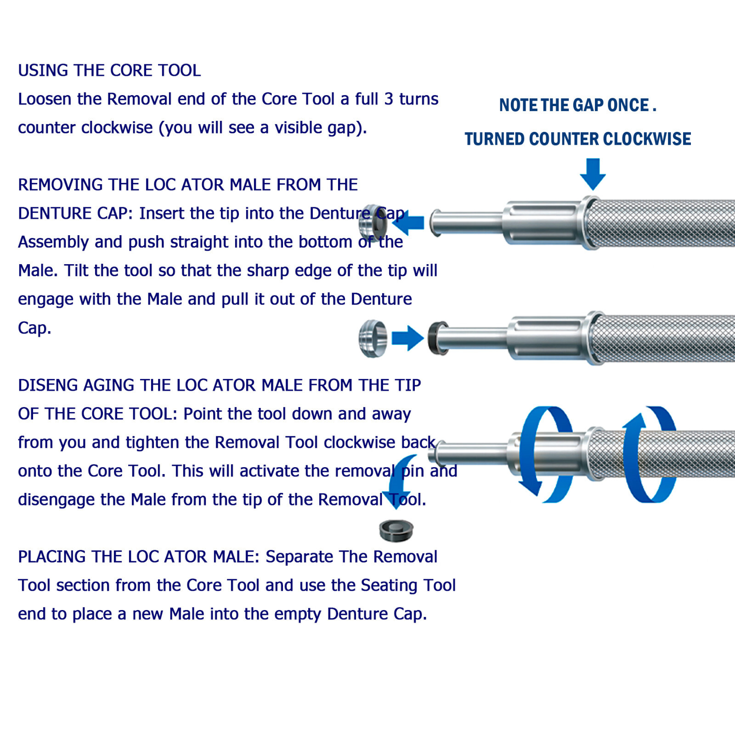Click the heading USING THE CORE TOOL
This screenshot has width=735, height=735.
pyautogui.click(x=109, y=70)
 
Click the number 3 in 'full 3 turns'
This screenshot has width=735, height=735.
pyautogui.click(x=389, y=99)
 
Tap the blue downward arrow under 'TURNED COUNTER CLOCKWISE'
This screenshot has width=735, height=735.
pyautogui.click(x=593, y=174)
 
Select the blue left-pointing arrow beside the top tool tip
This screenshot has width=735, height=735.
pyautogui.click(x=408, y=223)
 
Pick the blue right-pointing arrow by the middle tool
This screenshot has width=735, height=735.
pyautogui.click(x=407, y=339)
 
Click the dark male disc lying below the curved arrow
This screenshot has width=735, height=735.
pyautogui.click(x=396, y=530)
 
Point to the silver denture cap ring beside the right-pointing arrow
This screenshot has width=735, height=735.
pyautogui.click(x=373, y=339)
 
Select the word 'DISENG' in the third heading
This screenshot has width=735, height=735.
pyautogui.click(x=48, y=385)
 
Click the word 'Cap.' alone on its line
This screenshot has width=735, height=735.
pyautogui.click(x=34, y=328)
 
